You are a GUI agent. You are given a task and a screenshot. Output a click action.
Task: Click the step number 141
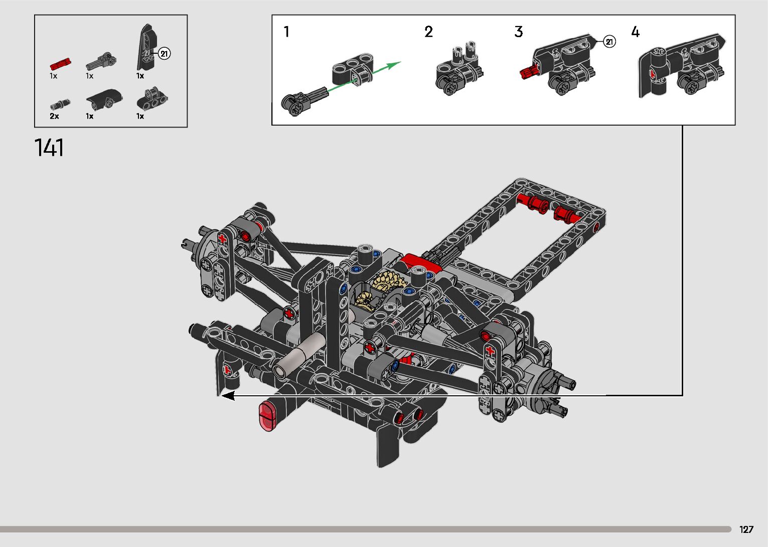click(49, 148)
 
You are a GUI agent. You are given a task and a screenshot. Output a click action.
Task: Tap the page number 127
click(746, 529)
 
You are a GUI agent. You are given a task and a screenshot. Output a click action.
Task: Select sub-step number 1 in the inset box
click(286, 32)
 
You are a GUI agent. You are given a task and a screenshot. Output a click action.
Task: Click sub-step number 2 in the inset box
click(428, 32)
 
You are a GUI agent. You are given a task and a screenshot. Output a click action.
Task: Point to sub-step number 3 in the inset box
click(519, 32)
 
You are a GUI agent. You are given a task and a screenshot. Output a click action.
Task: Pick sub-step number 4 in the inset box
click(635, 32)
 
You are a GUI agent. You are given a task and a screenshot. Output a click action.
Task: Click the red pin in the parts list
click(61, 64)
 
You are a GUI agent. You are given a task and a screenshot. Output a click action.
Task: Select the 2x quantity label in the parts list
click(54, 116)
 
